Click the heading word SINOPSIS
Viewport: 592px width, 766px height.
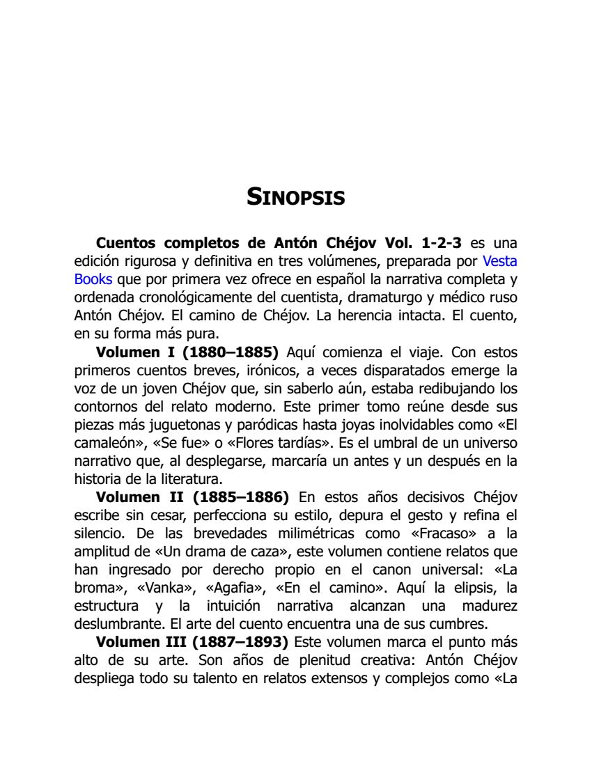[296, 197]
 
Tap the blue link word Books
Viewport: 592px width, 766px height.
[93, 279]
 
